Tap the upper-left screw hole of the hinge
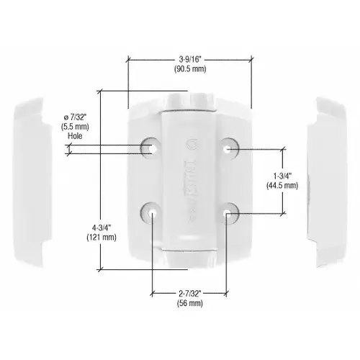pyautogui.click(x=152, y=147)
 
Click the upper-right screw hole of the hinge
pyautogui.click(x=228, y=148)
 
